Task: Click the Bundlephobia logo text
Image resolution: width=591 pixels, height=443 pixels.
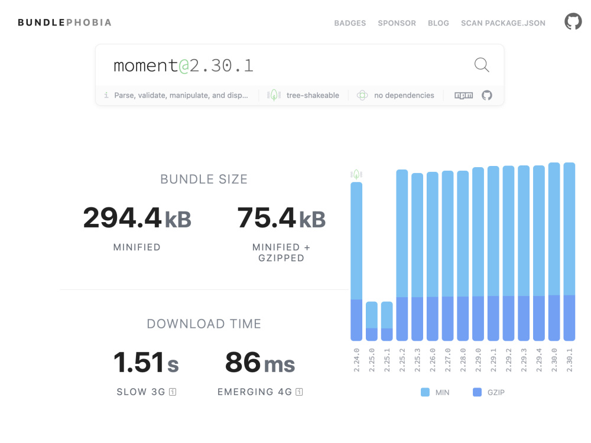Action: tap(64, 22)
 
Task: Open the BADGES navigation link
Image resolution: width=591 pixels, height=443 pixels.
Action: tap(350, 23)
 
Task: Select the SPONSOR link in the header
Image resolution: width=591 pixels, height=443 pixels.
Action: tap(397, 23)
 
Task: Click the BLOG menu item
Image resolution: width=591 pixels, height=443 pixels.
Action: tap(439, 23)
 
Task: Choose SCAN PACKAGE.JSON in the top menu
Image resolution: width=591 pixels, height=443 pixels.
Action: tap(503, 23)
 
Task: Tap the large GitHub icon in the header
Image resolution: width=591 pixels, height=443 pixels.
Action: tap(573, 21)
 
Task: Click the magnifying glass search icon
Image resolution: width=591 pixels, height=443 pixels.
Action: tap(482, 65)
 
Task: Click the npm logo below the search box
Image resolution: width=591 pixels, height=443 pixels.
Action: tap(463, 95)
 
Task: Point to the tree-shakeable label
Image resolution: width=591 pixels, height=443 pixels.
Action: tap(313, 95)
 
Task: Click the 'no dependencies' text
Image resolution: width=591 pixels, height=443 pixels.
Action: tap(404, 95)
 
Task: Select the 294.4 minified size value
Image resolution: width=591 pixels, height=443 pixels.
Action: tap(122, 218)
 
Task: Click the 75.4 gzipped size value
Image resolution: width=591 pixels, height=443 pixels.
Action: tap(266, 218)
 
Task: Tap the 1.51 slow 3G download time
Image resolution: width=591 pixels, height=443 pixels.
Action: tap(138, 363)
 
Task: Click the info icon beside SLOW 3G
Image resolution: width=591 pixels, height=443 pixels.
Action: tap(173, 392)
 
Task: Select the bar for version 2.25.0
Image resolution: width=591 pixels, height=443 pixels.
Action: tap(372, 321)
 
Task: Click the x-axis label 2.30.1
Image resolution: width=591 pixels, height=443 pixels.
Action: tap(570, 360)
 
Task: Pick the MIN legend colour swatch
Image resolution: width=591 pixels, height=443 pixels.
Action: tap(425, 392)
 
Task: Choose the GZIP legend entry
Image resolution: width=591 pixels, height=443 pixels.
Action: tap(489, 392)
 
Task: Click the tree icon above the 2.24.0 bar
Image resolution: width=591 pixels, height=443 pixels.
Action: tap(356, 174)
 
